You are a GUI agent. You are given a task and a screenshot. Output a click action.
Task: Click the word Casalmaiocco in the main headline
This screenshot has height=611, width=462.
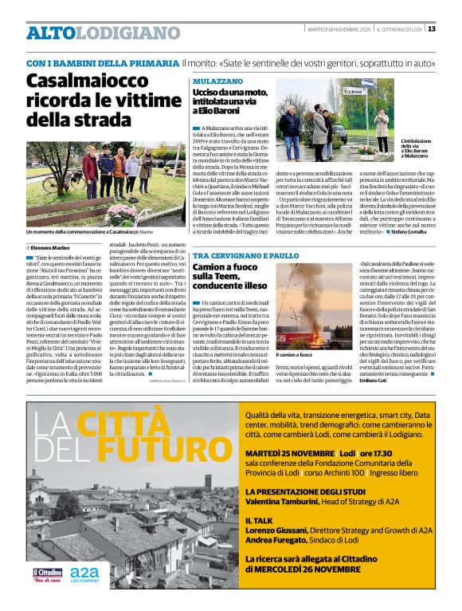72,81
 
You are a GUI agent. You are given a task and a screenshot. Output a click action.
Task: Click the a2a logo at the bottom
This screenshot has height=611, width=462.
85,575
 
